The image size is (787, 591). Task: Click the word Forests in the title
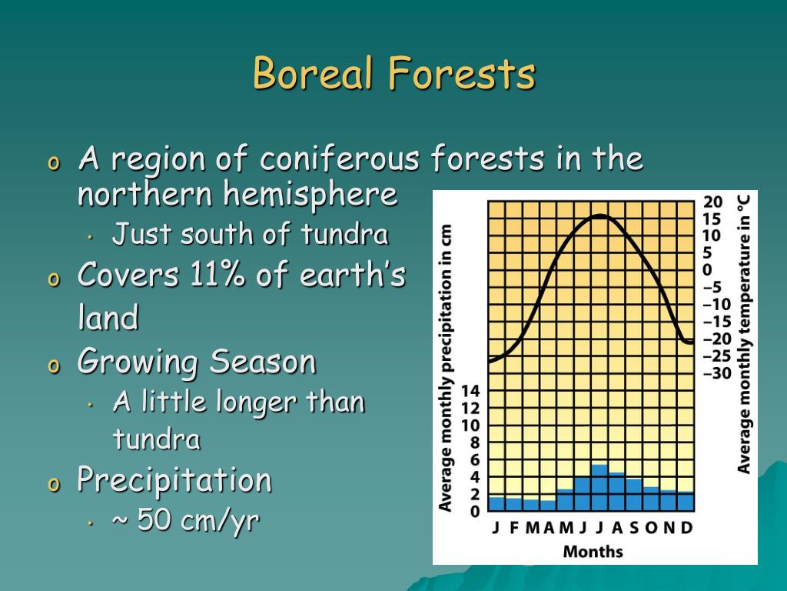coord(461,73)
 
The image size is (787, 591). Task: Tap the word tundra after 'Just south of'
coord(345,234)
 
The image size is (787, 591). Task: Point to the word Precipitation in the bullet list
coord(174,479)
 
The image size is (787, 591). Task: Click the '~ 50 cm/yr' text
coord(185,519)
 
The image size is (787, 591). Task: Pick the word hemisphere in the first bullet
coord(310,194)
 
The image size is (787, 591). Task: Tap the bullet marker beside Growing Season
coord(53,366)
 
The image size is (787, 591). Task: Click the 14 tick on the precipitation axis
coord(470,390)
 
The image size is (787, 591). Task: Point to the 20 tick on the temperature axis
coord(712,202)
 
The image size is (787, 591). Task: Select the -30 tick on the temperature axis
coord(717,373)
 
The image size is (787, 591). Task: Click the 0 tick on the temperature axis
coord(707,270)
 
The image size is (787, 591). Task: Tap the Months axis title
coord(593,551)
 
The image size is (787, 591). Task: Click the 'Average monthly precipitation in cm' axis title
coord(445,368)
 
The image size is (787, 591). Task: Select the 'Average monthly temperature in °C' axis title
coord(743,335)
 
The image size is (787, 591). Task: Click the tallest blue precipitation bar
coord(599,487)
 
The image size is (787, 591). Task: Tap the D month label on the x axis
coord(686,528)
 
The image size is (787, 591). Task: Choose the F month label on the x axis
coord(513,528)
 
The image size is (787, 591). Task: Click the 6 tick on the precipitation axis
coord(474,459)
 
